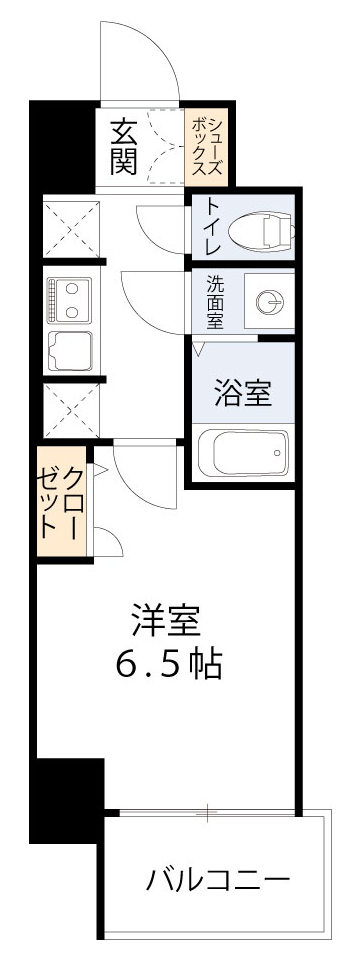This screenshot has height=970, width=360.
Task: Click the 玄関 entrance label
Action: click(x=123, y=146)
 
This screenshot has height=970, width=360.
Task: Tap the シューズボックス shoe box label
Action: click(x=208, y=146)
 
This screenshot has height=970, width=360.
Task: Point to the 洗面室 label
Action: click(x=215, y=301)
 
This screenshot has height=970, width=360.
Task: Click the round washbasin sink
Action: click(x=267, y=302)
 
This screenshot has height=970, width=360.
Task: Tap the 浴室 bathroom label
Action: click(x=243, y=393)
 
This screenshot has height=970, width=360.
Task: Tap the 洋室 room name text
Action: click(x=166, y=622)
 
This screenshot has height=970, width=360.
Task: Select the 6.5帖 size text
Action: click(x=166, y=664)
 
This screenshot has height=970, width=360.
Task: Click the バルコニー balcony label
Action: click(x=218, y=880)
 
